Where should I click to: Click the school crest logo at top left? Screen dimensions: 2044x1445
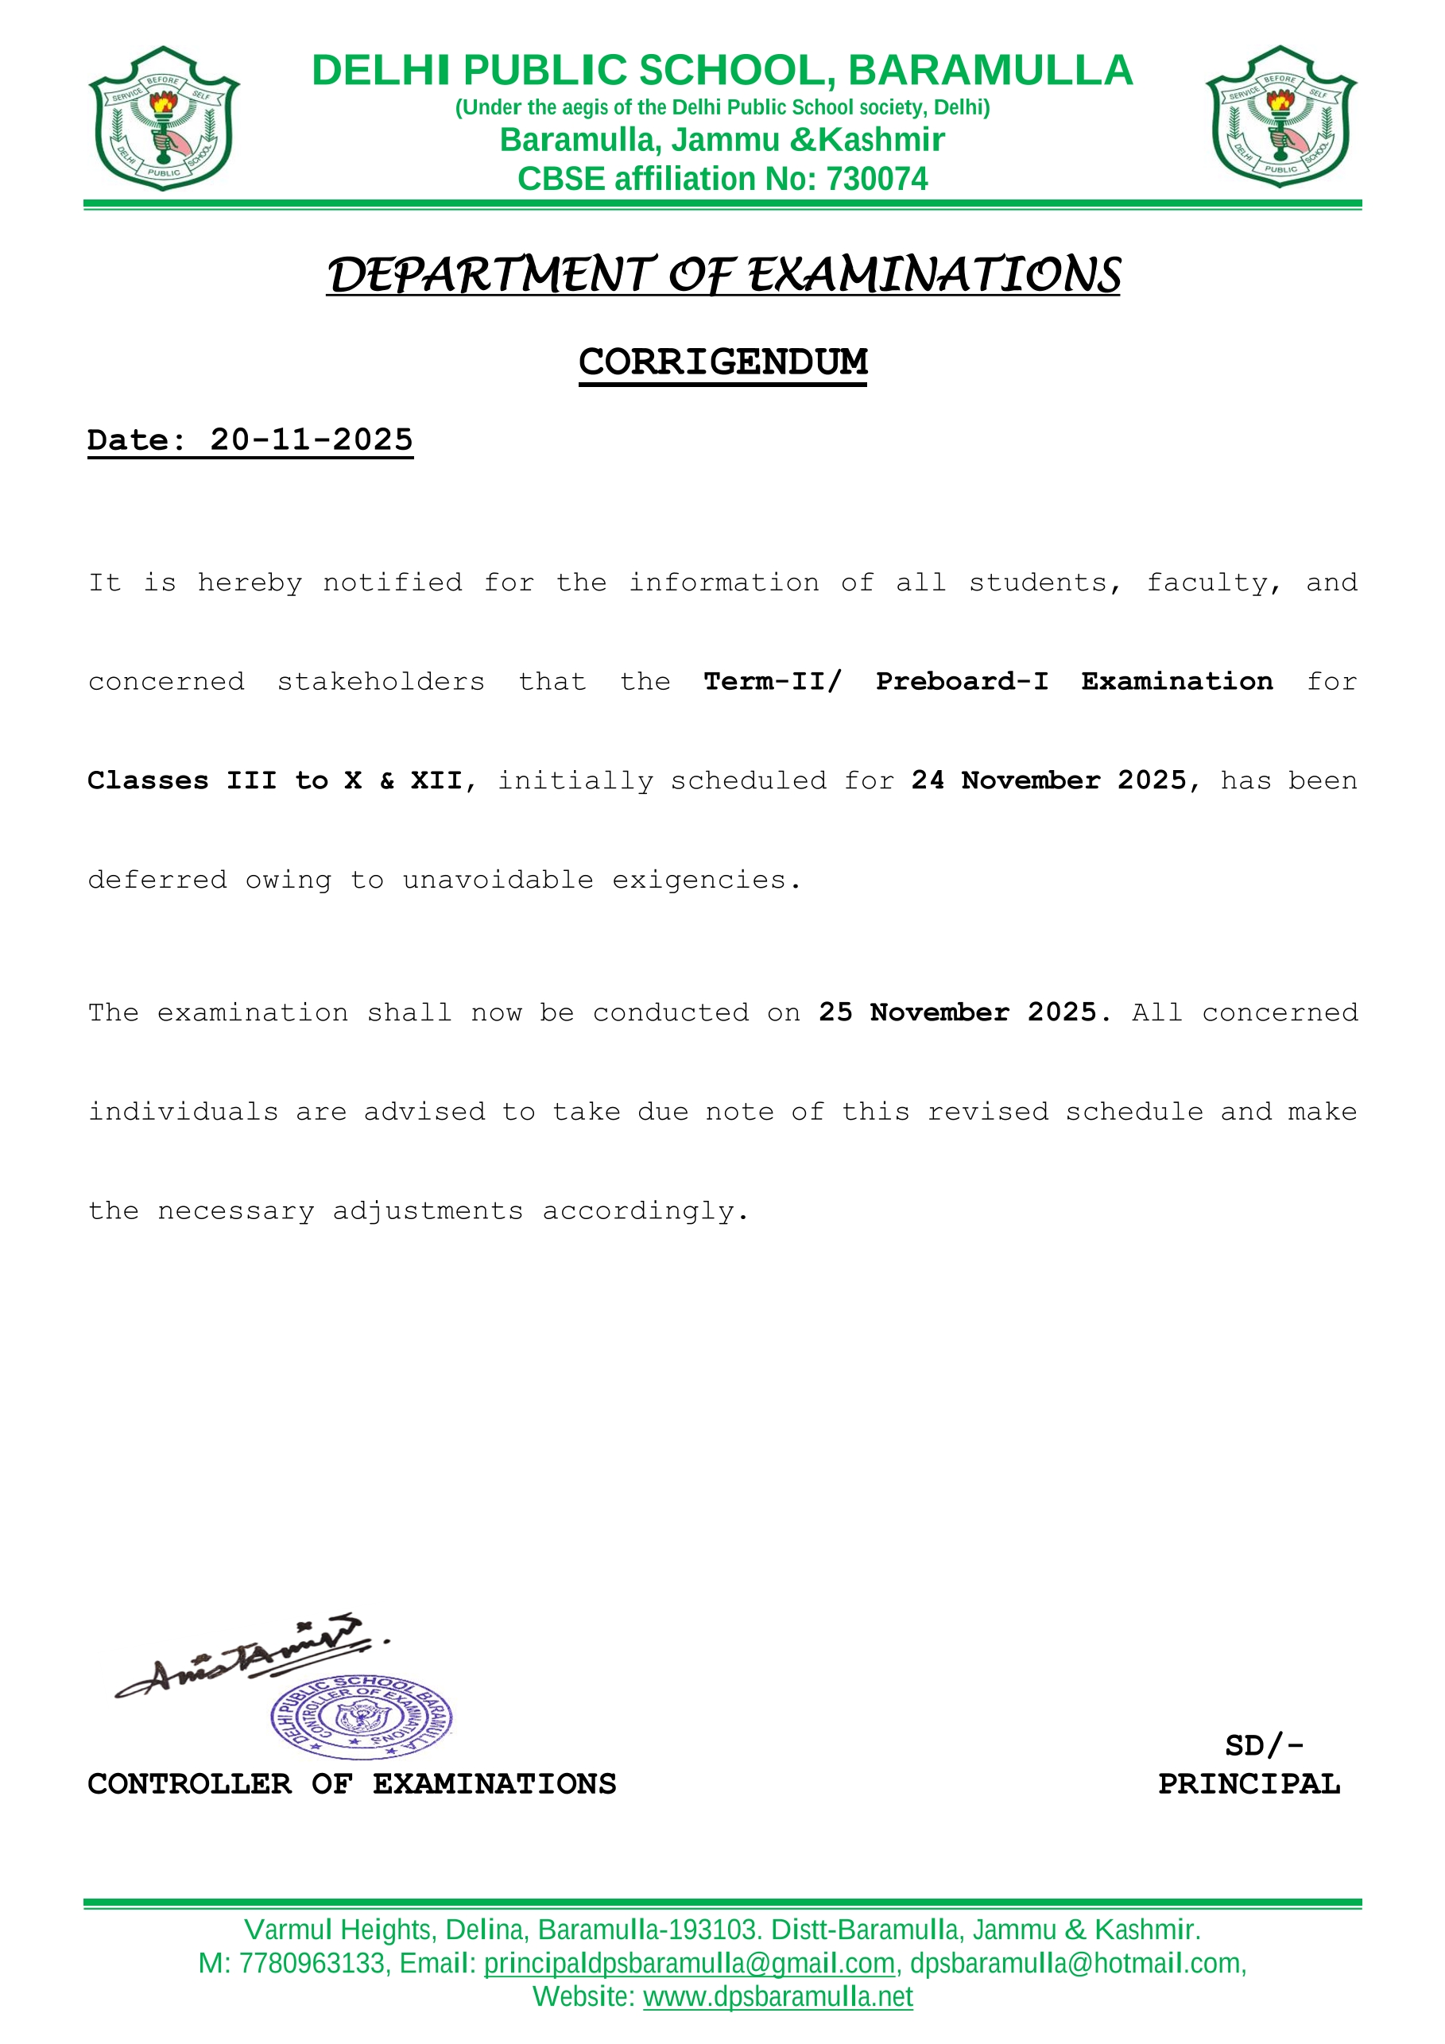pyautogui.click(x=164, y=118)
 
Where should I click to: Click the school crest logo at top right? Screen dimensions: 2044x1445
pyautogui.click(x=1280, y=117)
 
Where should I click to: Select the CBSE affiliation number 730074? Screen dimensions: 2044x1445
pyautogui.click(x=877, y=179)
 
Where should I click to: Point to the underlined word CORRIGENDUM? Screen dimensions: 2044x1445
pyautogui.click(x=723, y=362)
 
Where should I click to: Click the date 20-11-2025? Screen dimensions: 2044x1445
pyautogui.click(x=312, y=439)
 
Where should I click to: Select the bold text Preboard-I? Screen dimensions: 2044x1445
pyautogui.click(x=962, y=681)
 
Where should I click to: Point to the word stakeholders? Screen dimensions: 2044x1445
pyautogui.click(x=381, y=682)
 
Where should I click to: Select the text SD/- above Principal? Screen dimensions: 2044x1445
pyautogui.click(x=1263, y=1746)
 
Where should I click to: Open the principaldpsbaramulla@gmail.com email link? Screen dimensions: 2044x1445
pyautogui.click(x=689, y=1963)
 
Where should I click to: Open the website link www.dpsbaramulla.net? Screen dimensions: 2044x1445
pyautogui.click(x=778, y=1997)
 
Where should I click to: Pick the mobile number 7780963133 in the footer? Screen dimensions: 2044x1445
pyautogui.click(x=311, y=1963)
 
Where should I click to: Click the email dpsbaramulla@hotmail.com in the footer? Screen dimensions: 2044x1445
pyautogui.click(x=1075, y=1963)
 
